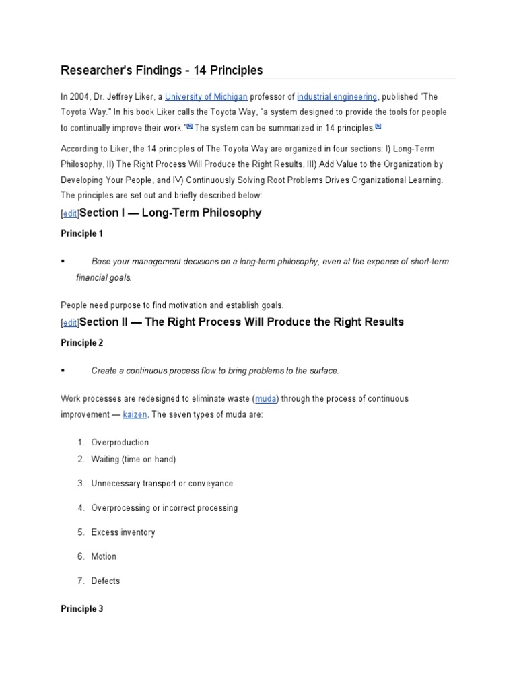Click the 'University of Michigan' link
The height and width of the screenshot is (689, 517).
[207, 96]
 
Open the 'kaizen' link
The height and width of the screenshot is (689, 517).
[134, 414]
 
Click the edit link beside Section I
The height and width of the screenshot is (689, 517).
[69, 213]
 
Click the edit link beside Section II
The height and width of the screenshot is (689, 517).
[69, 323]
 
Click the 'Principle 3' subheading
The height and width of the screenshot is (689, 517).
[82, 609]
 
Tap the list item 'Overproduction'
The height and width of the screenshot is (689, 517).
[120, 443]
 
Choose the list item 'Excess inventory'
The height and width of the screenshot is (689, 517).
[123, 532]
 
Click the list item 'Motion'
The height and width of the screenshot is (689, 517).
[104, 556]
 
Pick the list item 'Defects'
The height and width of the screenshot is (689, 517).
[106, 581]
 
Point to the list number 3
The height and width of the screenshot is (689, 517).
[80, 484]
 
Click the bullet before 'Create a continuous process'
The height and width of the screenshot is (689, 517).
[62, 371]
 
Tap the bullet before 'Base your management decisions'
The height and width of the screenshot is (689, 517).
[62, 261]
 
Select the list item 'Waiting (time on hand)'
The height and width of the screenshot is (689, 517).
[133, 460]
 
